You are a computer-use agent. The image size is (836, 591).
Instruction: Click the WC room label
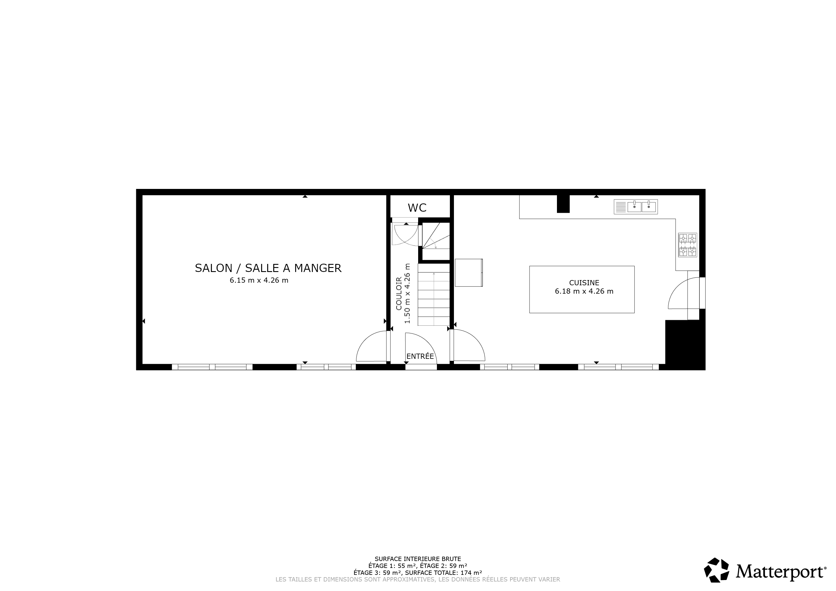417,208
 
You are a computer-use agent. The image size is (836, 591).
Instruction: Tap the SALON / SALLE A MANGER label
268,268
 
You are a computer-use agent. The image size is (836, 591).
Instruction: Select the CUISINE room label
584,283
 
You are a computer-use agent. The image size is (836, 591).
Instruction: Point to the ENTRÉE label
420,356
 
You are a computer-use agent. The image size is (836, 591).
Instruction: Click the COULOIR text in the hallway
399,293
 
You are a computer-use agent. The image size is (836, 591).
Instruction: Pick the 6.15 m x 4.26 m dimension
259,280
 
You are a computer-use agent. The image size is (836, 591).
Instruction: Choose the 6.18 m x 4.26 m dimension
584,291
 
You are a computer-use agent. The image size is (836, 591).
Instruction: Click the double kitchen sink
636,207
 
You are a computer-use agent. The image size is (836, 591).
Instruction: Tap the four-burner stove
687,245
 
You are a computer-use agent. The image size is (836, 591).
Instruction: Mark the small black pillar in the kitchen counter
563,204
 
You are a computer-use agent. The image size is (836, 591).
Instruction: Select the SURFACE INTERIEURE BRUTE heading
418,559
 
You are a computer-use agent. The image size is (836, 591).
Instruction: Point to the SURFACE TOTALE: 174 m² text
444,573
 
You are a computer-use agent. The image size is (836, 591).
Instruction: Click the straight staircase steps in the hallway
434,294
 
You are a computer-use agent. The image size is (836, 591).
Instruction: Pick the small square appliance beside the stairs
469,273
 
